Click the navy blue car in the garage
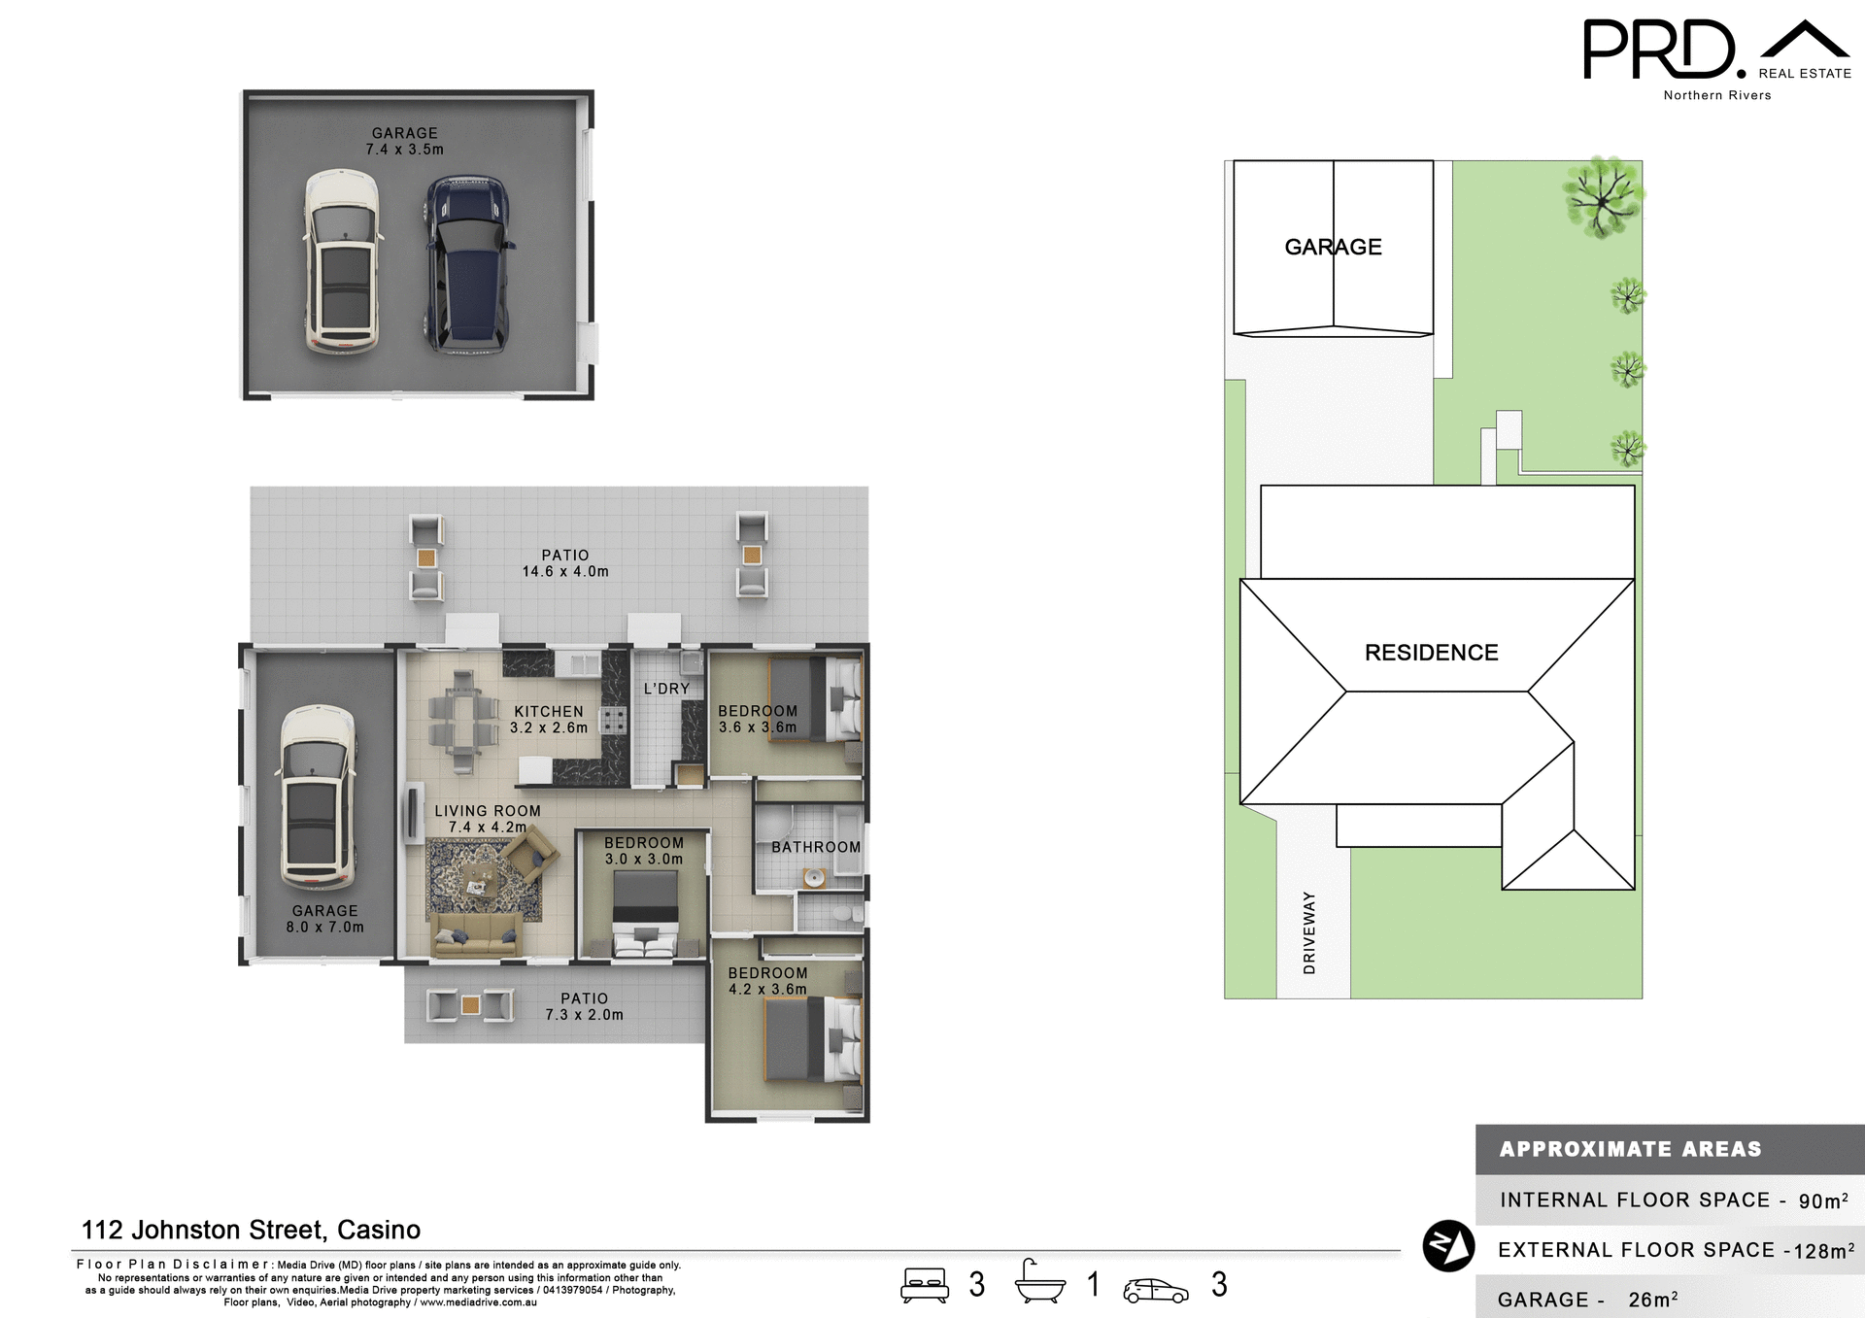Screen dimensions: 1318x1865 tap(467, 264)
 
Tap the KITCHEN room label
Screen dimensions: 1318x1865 tap(549, 712)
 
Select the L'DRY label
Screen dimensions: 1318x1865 tap(666, 689)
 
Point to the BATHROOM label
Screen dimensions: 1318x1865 tap(816, 847)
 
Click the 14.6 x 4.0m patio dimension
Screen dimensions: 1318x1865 tap(565, 572)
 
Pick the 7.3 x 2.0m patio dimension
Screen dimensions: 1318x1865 tap(584, 1015)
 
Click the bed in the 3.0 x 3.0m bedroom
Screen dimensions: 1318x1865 tap(644, 913)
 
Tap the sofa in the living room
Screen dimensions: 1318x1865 tap(476, 935)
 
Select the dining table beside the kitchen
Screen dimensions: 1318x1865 tap(463, 722)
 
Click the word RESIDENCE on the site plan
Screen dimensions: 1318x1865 tap(1431, 653)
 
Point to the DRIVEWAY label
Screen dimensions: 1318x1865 tap(1309, 932)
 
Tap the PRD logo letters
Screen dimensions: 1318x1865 tap(1659, 51)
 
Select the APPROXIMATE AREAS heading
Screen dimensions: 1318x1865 tap(1630, 1149)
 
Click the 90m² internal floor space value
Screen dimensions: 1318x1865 tap(1822, 1201)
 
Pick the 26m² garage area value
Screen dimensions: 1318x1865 tap(1652, 1300)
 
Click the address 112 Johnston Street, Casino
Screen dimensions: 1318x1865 tap(251, 1230)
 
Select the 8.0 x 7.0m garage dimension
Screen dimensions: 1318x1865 tap(324, 928)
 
